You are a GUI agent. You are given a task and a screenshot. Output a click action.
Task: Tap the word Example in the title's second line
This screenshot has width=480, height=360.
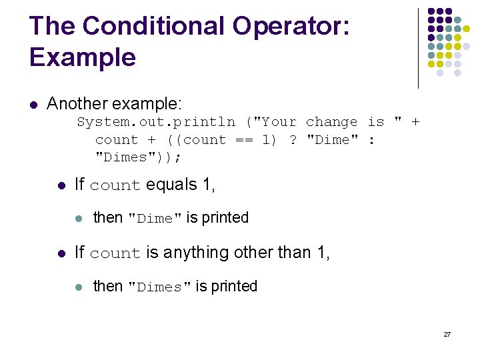click(83, 57)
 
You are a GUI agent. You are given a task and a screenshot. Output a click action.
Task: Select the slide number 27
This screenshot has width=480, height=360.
click(447, 334)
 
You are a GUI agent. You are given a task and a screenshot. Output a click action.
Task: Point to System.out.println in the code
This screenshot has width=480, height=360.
click(156, 122)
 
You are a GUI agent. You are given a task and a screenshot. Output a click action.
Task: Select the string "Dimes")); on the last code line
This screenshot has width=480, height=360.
click(139, 157)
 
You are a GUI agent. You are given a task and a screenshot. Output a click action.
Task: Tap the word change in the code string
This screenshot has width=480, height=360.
click(331, 122)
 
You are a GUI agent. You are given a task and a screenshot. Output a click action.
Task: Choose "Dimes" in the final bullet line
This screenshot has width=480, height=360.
click(159, 287)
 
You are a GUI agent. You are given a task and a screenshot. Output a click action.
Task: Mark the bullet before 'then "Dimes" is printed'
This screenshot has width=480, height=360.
click(79, 287)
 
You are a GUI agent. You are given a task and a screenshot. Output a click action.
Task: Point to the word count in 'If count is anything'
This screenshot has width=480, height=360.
click(115, 254)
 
